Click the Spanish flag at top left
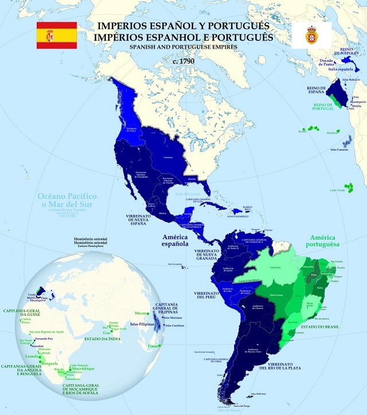pos(57,34)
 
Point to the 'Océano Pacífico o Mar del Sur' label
pos(67,201)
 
